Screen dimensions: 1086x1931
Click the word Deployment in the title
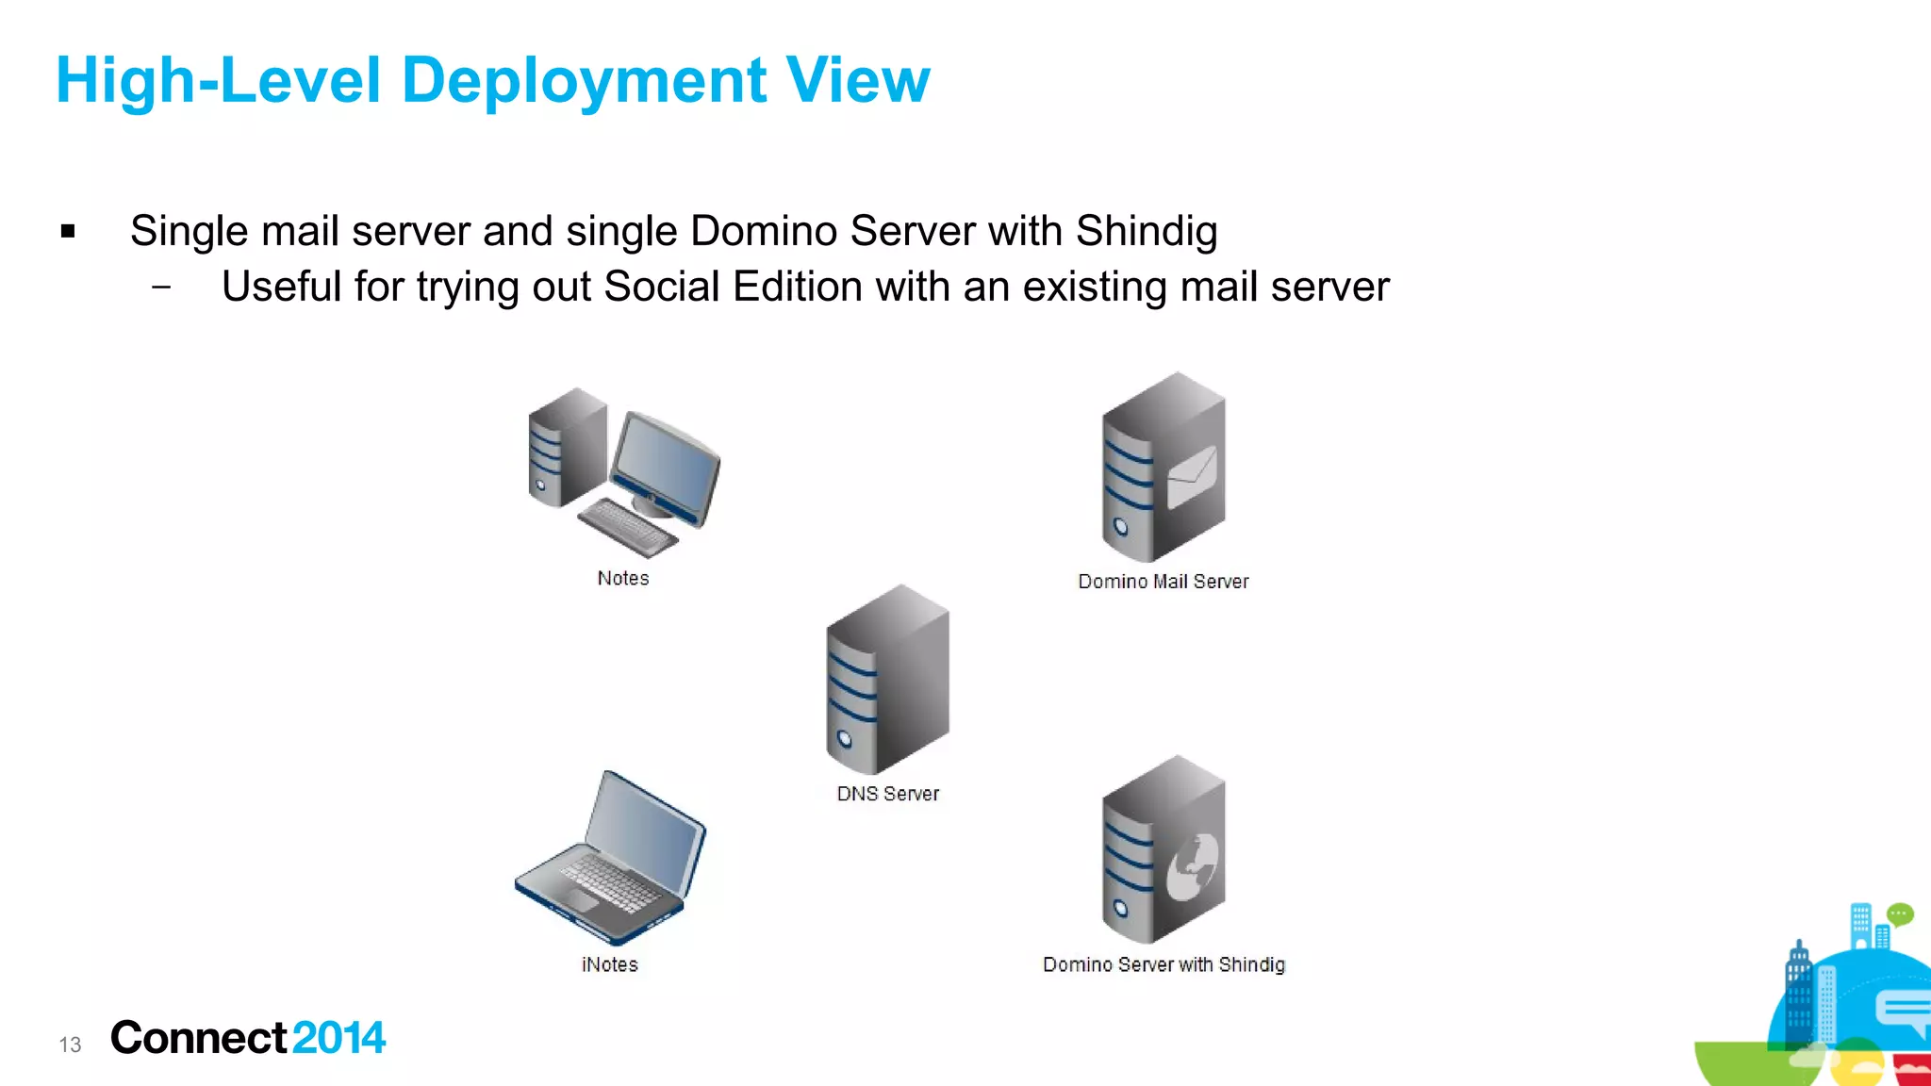[584, 81]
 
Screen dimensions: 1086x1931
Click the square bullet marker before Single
[68, 231]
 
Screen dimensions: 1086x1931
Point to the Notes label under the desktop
[623, 578]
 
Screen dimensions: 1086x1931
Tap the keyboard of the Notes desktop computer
[626, 528]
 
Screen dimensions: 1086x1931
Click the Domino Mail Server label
[1164, 582]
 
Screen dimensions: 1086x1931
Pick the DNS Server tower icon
[887, 679]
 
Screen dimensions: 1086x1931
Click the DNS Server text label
[888, 794]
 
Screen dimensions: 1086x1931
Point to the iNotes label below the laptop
[610, 964]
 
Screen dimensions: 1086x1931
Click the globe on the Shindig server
[1192, 866]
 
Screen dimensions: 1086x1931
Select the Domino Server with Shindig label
[1164, 964]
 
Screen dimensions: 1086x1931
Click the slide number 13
[70, 1045]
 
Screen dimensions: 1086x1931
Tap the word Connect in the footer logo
[198, 1038]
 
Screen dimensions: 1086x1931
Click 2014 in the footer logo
[338, 1038]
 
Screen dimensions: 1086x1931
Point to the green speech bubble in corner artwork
[1899, 914]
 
